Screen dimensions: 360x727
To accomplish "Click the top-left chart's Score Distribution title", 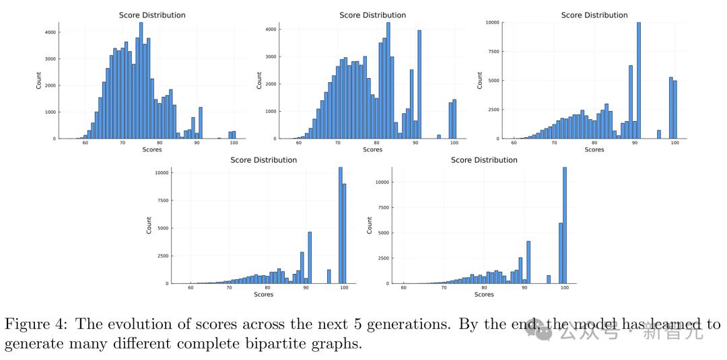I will [x=152, y=15].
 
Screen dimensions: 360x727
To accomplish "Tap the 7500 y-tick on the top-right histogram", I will [x=493, y=51].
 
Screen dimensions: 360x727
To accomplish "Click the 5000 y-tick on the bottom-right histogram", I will [x=382, y=233].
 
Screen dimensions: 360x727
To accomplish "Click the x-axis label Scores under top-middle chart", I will [x=372, y=150].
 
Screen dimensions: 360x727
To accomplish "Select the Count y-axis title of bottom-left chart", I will [x=149, y=225].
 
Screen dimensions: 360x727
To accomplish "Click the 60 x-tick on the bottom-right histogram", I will [x=403, y=287].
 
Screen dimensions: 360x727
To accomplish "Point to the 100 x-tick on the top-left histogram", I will [x=233, y=143].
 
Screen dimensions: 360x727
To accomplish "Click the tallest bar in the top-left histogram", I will [x=141, y=81].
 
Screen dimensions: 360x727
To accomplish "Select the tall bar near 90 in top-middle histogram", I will [x=419, y=84].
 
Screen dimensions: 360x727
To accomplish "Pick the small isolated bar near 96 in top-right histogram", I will [x=658, y=134].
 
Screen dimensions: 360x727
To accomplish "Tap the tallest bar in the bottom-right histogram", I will [x=565, y=225].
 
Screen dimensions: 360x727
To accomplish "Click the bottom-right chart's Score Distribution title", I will [x=484, y=160].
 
